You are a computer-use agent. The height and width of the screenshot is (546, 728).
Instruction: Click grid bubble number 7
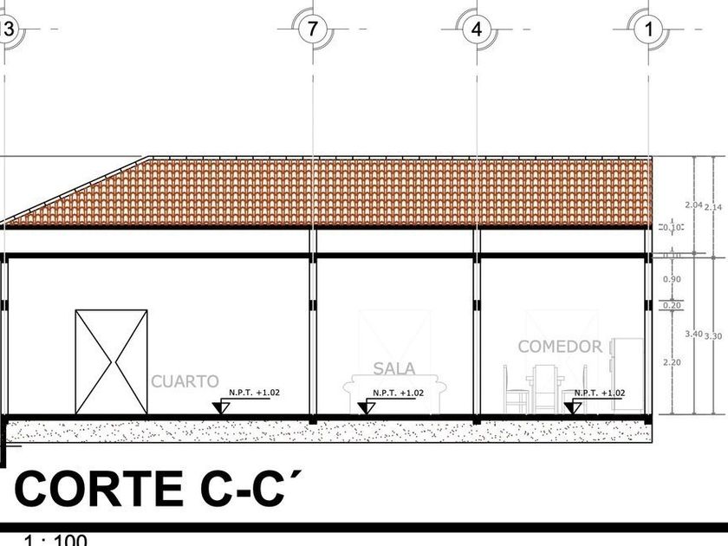point(312,29)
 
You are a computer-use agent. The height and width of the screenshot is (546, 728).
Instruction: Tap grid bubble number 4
point(476,29)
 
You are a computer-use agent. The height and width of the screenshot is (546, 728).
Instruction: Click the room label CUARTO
point(185,380)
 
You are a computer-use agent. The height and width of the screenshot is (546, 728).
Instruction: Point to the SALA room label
point(394,368)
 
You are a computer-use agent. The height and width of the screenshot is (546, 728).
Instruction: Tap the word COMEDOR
point(560,347)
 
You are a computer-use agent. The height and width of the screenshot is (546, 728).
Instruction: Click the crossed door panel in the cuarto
point(111,361)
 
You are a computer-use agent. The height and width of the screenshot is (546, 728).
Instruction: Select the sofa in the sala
point(394,394)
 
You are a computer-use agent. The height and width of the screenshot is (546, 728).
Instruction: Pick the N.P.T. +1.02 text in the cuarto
point(254,393)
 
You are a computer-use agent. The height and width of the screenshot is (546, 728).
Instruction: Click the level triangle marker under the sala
point(367,406)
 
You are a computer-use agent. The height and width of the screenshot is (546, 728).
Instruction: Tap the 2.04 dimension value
point(693,205)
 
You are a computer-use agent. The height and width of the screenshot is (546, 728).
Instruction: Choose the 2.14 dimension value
point(713,206)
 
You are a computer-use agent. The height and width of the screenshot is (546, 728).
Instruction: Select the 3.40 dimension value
point(693,334)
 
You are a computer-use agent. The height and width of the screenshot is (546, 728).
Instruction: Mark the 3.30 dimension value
point(713,335)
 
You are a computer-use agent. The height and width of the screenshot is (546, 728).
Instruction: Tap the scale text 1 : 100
point(55,541)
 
